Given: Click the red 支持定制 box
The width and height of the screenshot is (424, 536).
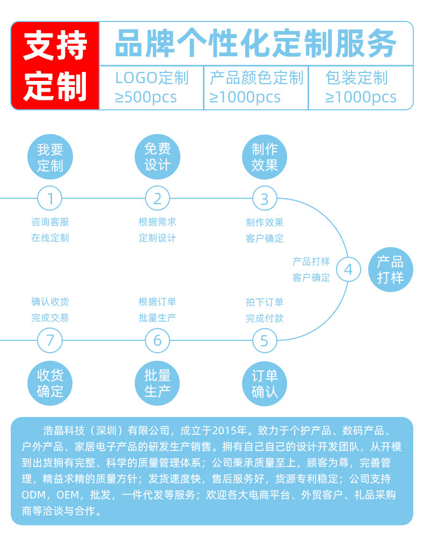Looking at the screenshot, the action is click(x=55, y=65).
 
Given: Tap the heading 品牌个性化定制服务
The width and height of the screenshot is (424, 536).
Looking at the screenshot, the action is click(x=255, y=44).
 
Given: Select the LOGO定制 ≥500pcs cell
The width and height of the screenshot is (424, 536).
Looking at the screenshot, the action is click(x=152, y=87).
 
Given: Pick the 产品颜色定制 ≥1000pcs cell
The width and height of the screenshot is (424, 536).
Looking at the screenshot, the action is click(x=256, y=87).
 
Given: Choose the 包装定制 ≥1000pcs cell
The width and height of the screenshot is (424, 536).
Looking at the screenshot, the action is click(x=360, y=87).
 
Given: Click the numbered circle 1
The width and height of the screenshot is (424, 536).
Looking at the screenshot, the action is click(x=50, y=199).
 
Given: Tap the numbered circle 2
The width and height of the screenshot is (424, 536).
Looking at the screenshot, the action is click(x=157, y=199).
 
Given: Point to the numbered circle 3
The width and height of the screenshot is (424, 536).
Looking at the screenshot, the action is click(x=264, y=199).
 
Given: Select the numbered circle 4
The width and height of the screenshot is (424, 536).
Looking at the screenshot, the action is click(x=348, y=270).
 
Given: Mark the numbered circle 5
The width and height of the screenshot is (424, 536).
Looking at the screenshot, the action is click(x=264, y=340).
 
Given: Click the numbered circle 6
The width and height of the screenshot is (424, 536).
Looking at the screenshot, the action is click(x=157, y=340).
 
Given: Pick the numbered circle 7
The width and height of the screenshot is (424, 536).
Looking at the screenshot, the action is click(x=50, y=340).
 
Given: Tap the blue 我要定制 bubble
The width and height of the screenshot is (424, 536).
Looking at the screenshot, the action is click(x=50, y=157).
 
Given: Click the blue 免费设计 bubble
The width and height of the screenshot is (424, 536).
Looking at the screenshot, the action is click(x=157, y=156).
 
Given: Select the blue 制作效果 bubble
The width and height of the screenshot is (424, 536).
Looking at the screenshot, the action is click(x=265, y=156).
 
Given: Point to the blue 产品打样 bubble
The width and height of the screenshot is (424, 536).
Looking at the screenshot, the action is click(x=390, y=270).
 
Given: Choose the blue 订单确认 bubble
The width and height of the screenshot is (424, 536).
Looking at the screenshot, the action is click(x=265, y=383).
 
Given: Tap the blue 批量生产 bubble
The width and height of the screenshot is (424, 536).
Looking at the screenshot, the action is click(x=157, y=383).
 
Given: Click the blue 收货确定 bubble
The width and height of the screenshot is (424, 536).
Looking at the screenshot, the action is click(x=50, y=383).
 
